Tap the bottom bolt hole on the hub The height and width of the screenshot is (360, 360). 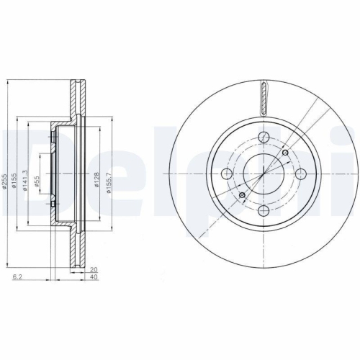click(x=264, y=210)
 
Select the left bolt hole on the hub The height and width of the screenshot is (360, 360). click(x=228, y=174)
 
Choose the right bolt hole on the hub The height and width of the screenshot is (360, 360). click(x=301, y=174)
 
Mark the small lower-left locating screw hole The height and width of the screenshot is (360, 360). click(x=243, y=195)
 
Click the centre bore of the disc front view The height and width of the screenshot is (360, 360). click(x=264, y=174)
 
